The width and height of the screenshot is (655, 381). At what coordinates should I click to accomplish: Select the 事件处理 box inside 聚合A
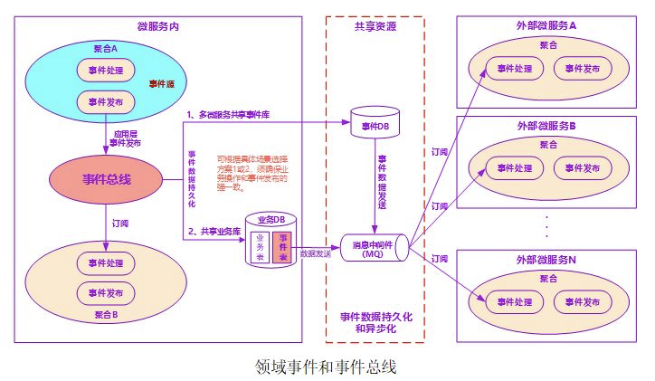click(106, 70)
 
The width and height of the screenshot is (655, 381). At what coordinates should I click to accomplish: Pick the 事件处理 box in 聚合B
click(106, 263)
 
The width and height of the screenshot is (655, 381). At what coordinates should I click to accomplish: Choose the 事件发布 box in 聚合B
click(106, 292)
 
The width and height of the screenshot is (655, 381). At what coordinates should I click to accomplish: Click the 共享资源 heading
click(374, 26)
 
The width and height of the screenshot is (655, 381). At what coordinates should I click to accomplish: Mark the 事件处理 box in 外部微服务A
click(510, 68)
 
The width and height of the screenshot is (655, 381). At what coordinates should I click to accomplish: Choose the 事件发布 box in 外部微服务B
click(576, 168)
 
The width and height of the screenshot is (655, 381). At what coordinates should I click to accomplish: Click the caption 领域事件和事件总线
click(326, 367)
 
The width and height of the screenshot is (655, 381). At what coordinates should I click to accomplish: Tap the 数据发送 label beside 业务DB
click(316, 254)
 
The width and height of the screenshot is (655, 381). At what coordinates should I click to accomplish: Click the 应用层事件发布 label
click(124, 137)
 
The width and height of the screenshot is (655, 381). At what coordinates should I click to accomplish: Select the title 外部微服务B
click(546, 125)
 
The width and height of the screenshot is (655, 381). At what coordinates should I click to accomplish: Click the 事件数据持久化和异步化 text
click(374, 322)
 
